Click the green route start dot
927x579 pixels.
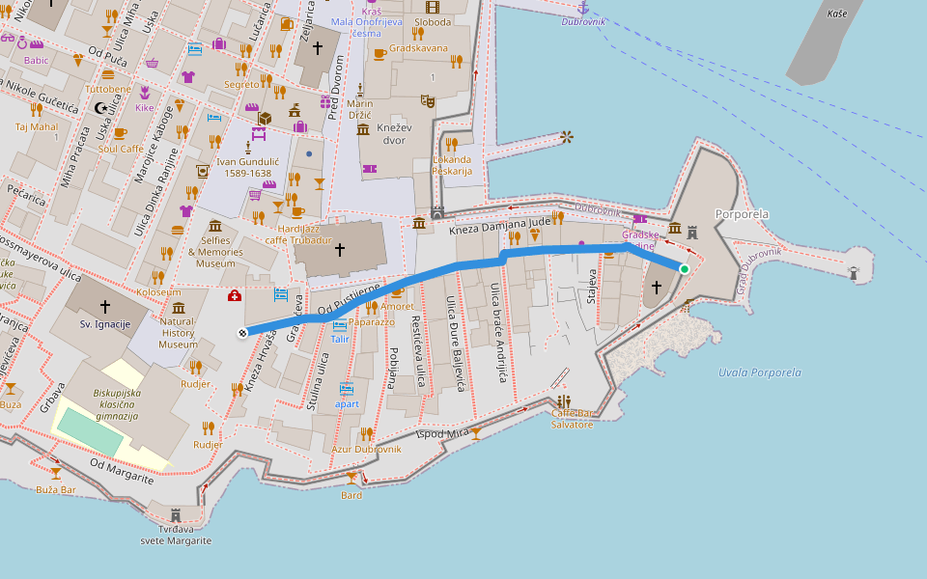[684, 269]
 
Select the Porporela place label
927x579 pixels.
[742, 213]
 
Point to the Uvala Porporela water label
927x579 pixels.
[760, 372]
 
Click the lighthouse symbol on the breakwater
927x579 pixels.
[854, 273]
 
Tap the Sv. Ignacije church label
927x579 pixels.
[105, 323]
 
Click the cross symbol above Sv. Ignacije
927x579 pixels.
[105, 306]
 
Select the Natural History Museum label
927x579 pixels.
[178, 333]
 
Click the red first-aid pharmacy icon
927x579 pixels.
[235, 296]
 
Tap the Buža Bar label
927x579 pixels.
[55, 489]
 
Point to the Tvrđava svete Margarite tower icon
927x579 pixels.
[176, 514]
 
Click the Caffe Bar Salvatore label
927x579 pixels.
[573, 419]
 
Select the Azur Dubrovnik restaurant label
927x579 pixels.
[366, 449]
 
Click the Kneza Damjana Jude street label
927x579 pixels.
[499, 225]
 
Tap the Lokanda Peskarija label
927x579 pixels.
[452, 165]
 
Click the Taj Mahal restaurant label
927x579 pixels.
[37, 126]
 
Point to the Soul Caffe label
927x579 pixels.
[121, 149]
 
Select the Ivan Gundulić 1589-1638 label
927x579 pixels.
[243, 168]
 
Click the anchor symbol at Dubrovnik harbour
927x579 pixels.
[583, 8]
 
